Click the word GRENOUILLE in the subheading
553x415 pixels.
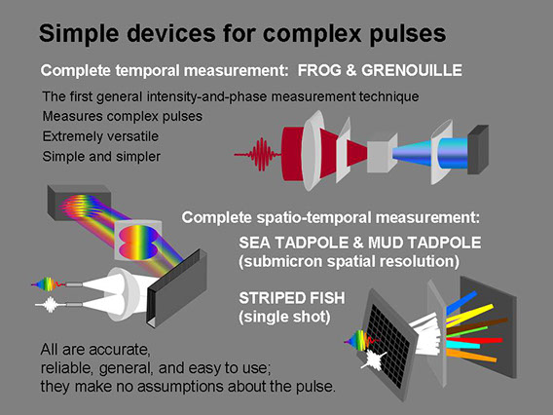click(x=412, y=70)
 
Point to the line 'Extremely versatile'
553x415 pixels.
click(x=100, y=136)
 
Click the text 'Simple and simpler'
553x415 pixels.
click(x=101, y=156)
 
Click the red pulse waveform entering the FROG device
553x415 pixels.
click(x=257, y=154)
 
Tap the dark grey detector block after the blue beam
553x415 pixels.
click(x=478, y=149)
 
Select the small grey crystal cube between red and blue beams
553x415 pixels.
click(x=382, y=153)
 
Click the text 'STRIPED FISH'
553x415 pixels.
click(x=292, y=298)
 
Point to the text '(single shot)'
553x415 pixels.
click(x=284, y=317)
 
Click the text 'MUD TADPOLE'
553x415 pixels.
click(x=424, y=243)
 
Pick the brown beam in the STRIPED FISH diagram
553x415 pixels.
click(x=477, y=325)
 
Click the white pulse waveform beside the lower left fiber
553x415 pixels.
click(x=50, y=305)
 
